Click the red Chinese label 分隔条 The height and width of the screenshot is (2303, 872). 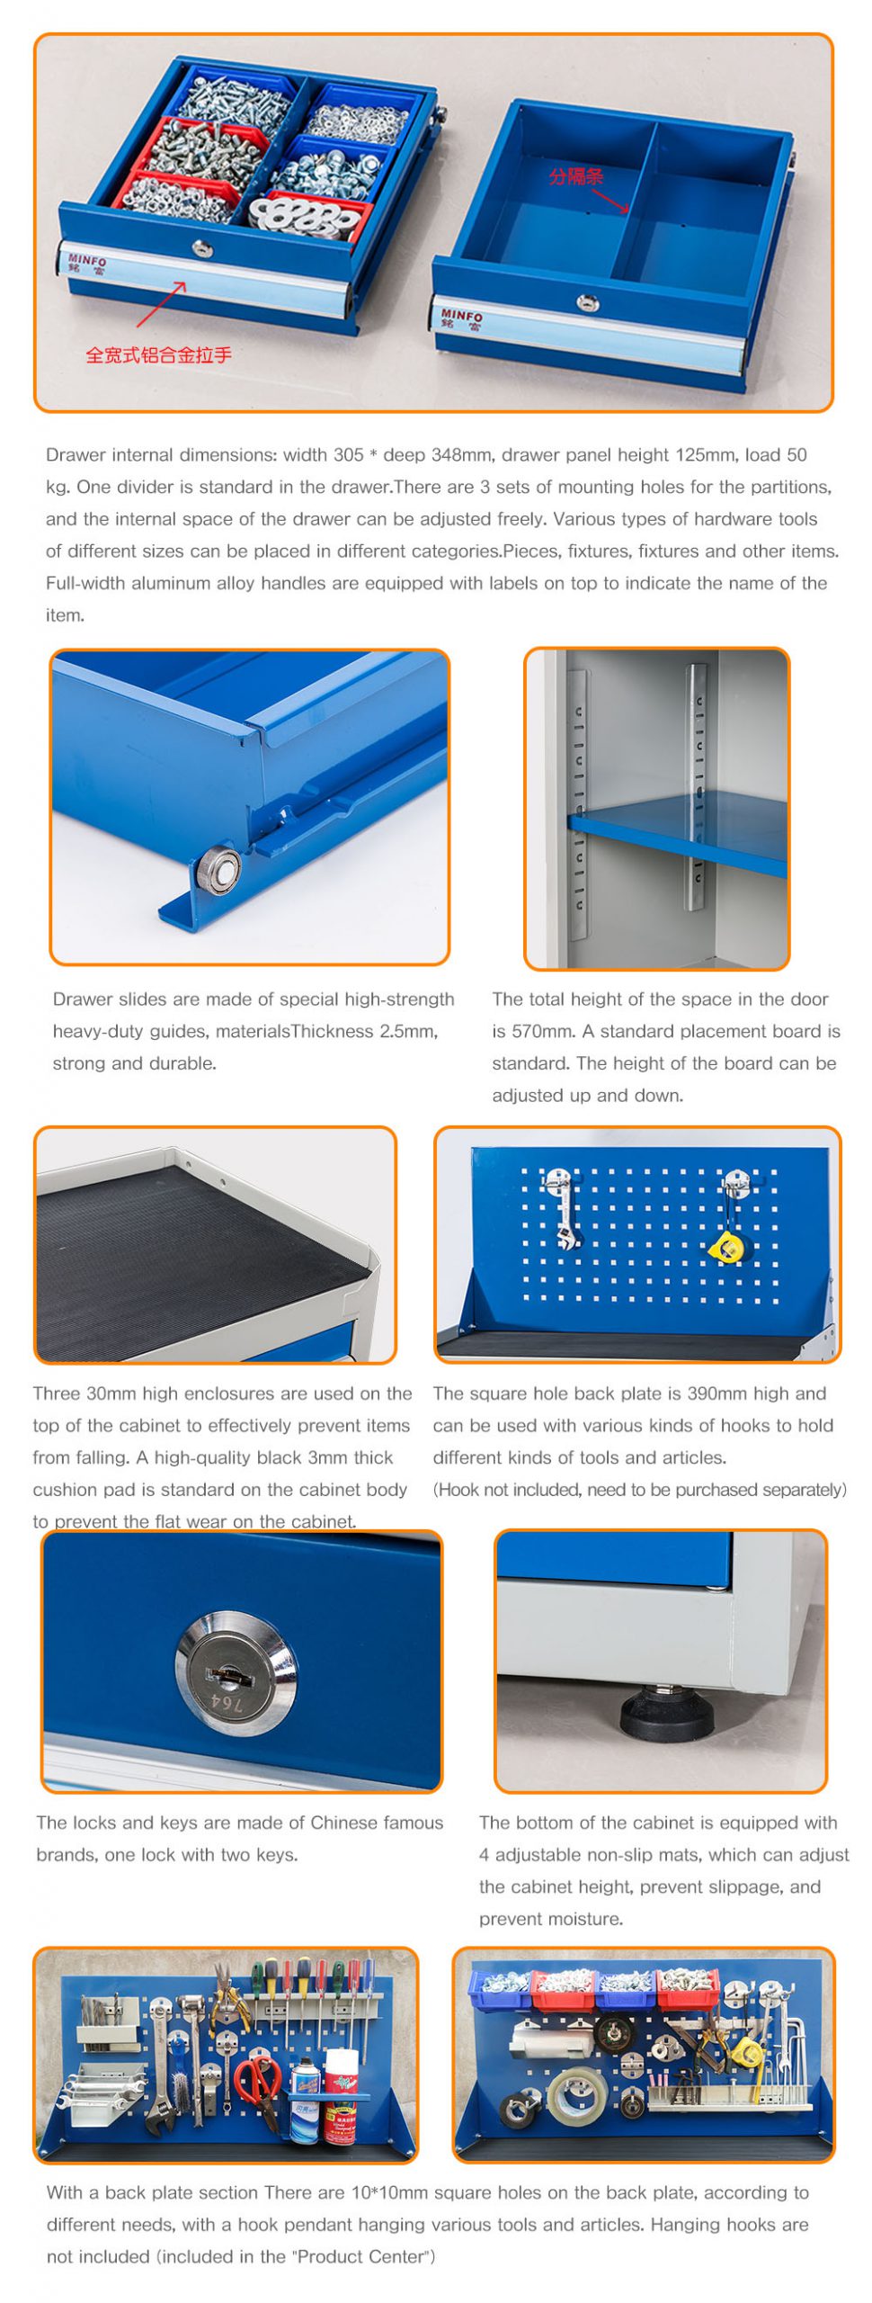pos(575,175)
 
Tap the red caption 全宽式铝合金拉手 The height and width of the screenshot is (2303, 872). pos(158,354)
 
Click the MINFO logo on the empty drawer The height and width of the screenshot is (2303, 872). pos(461,319)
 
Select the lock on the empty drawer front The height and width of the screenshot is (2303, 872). pos(588,302)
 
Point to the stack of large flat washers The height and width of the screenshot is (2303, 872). pos(301,217)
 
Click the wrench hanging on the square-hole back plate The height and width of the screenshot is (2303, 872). pos(564,1212)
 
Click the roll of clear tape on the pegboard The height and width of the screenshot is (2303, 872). pos(570,2095)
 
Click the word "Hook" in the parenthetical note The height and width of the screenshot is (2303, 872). pos(458,1490)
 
